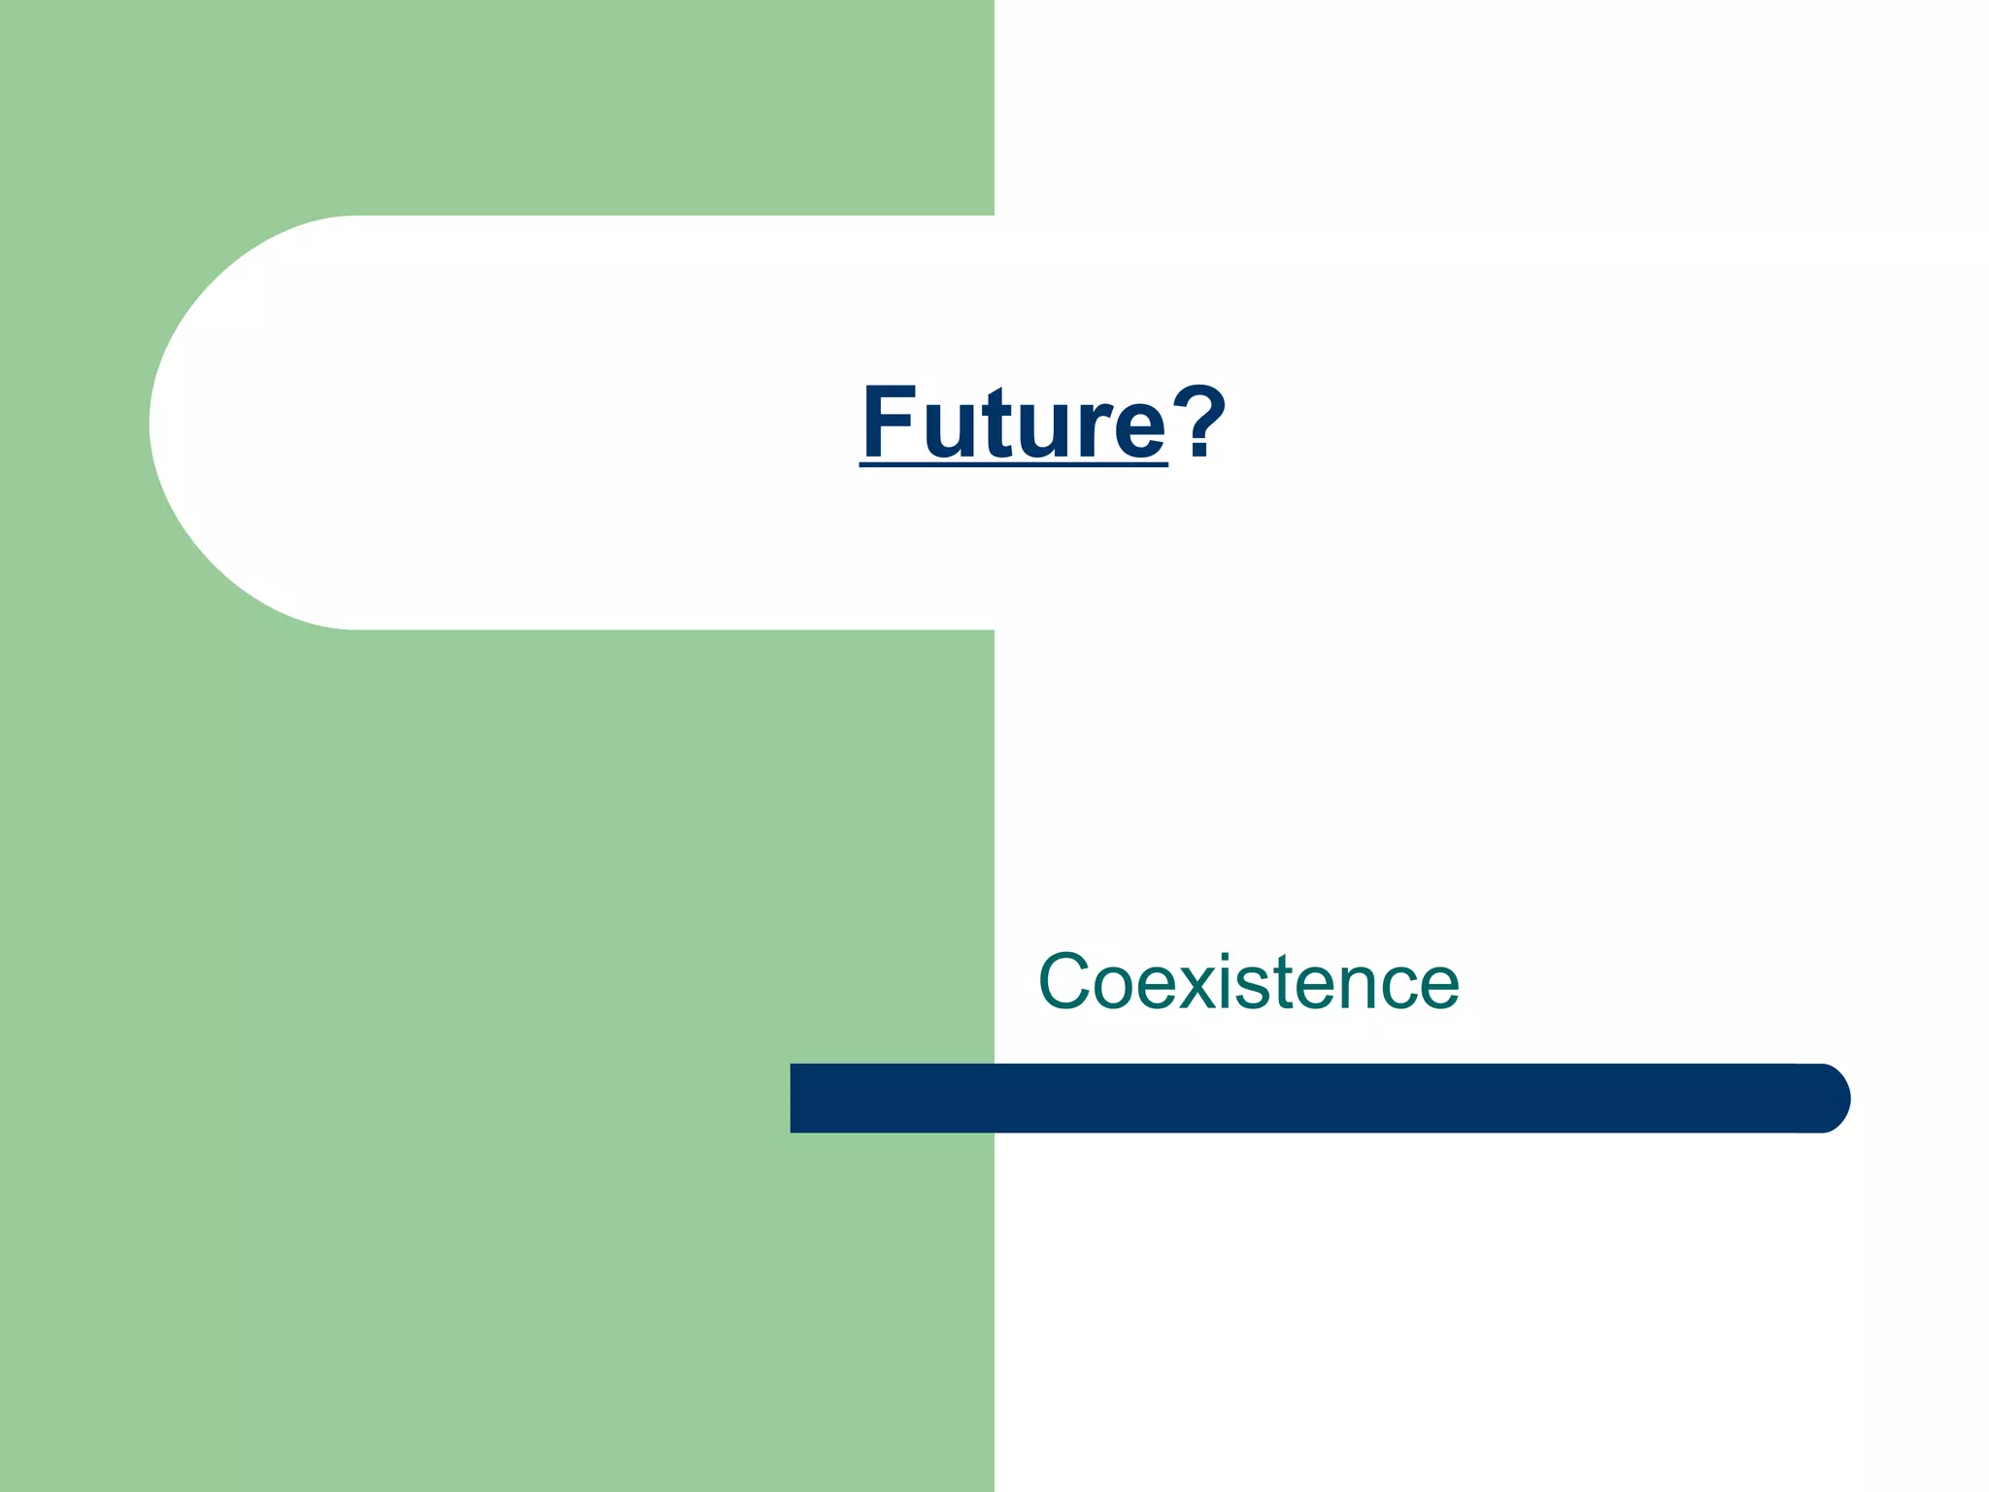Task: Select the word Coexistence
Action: click(x=1248, y=982)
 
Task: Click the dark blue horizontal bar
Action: click(x=1311, y=1098)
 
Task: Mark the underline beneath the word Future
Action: click(x=1013, y=466)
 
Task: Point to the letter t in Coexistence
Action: click(x=1292, y=982)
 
